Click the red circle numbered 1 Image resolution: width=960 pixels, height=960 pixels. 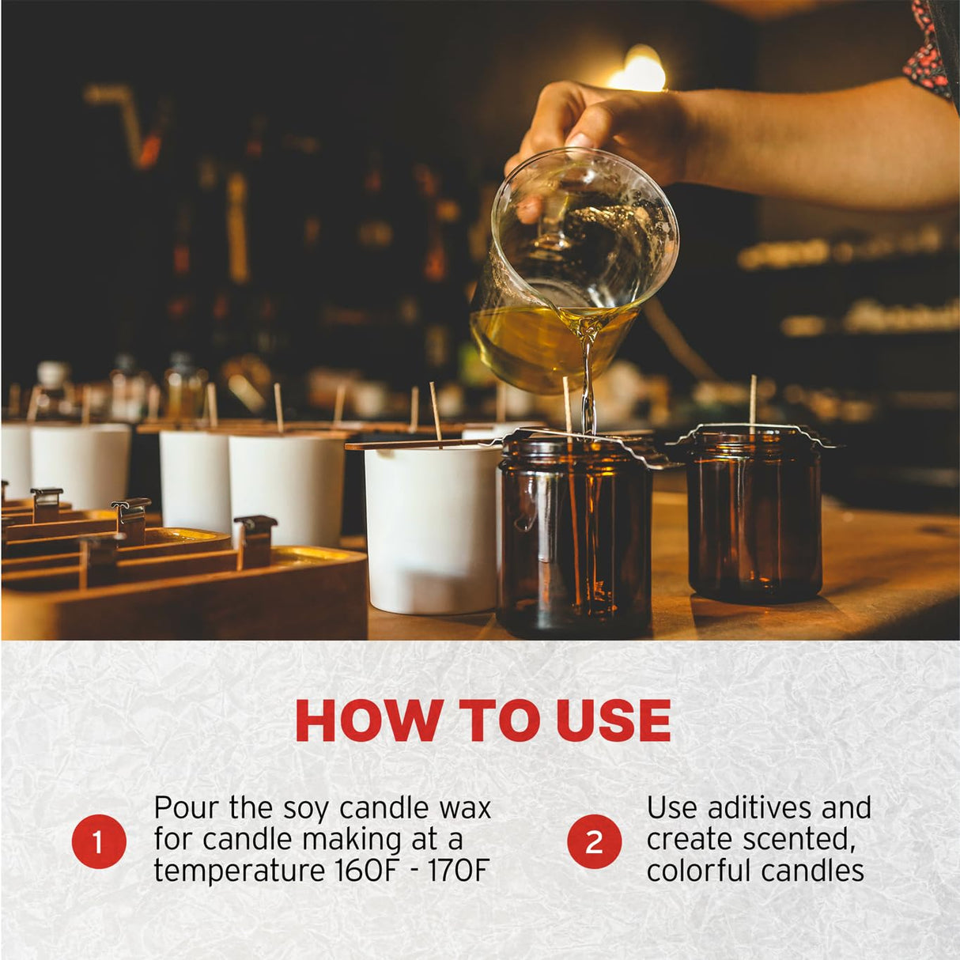click(x=99, y=841)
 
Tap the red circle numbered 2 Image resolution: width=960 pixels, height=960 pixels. click(x=594, y=841)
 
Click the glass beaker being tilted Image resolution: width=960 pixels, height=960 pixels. click(x=573, y=269)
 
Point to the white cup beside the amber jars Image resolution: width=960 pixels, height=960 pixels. click(x=432, y=528)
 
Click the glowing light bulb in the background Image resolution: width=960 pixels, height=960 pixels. click(x=637, y=70)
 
